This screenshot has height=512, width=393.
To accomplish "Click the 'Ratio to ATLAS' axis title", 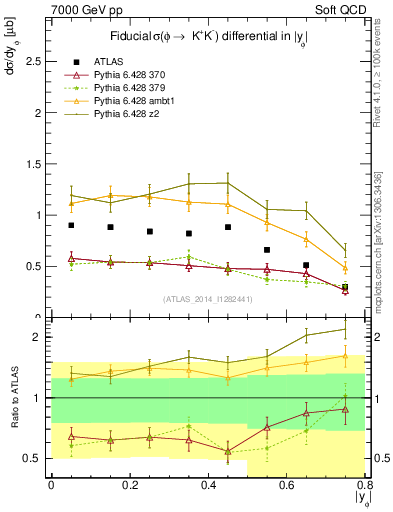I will point(11,398).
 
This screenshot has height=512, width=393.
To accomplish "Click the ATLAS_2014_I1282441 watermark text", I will point(208,298).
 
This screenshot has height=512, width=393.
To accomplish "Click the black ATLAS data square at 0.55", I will point(266,250).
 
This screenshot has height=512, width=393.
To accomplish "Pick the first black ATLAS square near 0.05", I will point(71,225).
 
